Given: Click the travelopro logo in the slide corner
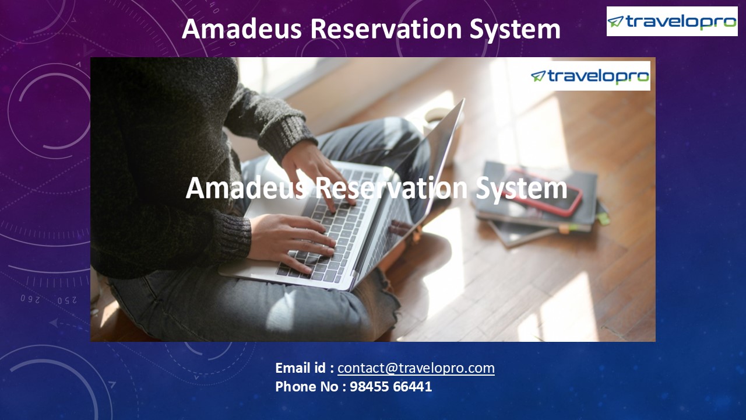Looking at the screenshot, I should (671, 22).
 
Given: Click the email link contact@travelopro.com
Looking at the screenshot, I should (416, 368).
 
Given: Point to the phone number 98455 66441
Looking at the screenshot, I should (390, 386).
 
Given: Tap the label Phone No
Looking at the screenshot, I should (308, 386).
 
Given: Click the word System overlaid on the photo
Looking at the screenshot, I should (525, 188).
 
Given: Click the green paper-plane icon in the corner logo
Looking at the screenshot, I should (615, 22).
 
